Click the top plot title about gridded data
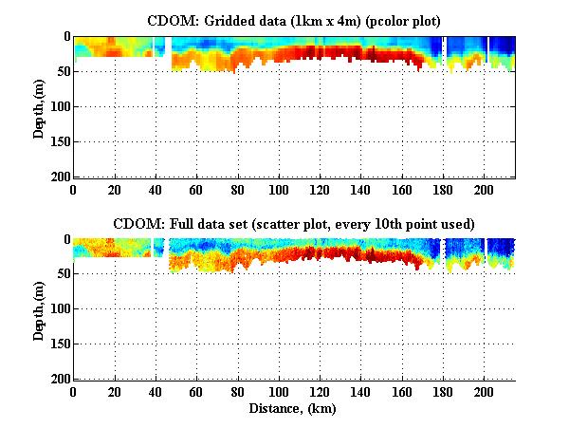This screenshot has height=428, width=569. click(x=294, y=20)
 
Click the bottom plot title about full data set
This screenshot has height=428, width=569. click(x=294, y=224)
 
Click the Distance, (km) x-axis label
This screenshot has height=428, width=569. click(x=294, y=408)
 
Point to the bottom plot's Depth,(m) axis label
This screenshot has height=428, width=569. click(x=39, y=309)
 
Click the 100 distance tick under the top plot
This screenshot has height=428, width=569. click(x=279, y=189)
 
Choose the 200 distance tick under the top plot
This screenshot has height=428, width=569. click(x=484, y=189)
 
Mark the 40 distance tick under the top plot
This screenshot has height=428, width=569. click(x=156, y=189)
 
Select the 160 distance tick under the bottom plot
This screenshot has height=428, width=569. click(x=402, y=392)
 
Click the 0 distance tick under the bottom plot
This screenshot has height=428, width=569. click(x=74, y=392)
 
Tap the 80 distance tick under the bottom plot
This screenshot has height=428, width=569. click(x=238, y=392)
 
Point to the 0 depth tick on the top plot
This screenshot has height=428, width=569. click(x=65, y=36)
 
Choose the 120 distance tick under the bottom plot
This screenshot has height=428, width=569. click(x=320, y=392)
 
